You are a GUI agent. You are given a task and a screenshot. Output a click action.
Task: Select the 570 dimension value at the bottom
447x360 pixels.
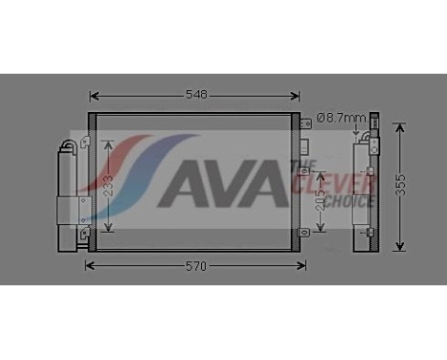click(195, 265)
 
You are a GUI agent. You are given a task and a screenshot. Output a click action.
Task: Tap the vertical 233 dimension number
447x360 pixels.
click(109, 184)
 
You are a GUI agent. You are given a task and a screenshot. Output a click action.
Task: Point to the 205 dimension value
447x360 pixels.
click(321, 199)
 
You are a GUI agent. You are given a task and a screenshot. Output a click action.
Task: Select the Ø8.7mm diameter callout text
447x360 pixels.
click(341, 118)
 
